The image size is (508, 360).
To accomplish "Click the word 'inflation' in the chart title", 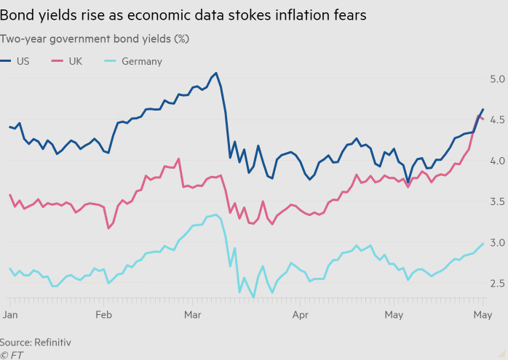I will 290,15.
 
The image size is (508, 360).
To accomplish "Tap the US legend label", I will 23,61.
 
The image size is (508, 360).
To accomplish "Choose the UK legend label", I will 75,61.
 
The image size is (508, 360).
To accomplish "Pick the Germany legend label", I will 142,61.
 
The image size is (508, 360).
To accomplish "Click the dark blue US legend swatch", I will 6,61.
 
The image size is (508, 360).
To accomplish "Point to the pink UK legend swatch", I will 57,61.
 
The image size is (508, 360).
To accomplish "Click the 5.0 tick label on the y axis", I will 497,79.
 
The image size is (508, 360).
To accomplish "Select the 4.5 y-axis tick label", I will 497,119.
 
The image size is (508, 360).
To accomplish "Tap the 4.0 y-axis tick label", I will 497,160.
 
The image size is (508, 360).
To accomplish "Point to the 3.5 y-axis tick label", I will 497,201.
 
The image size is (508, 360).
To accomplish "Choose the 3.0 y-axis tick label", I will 497,242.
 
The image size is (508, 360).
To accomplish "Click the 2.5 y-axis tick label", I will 497,283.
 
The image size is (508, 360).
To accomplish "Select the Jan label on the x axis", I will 10,314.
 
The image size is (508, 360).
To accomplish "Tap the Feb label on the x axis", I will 103,314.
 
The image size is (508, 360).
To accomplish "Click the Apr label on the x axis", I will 300,314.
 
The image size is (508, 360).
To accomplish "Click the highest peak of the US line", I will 216,73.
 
